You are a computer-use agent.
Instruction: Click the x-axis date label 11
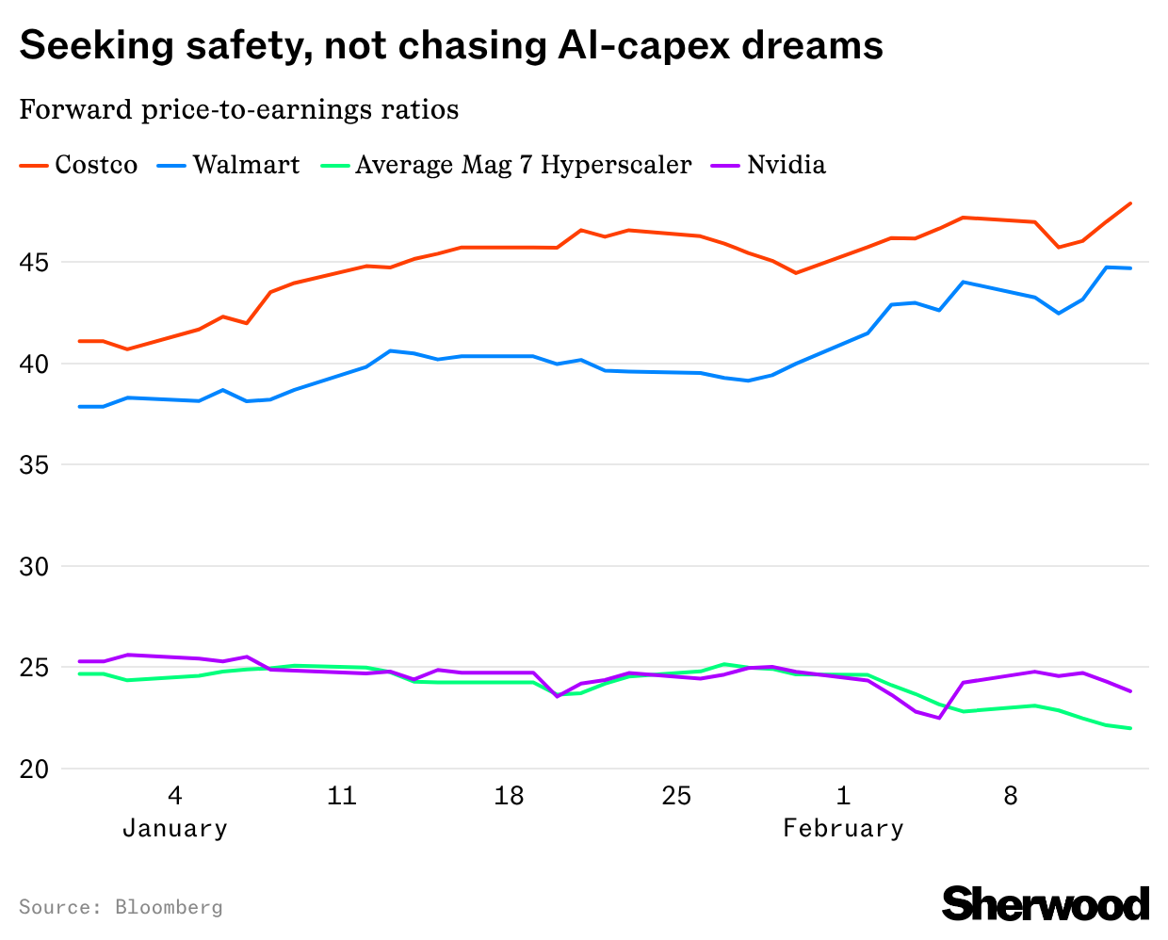(342, 797)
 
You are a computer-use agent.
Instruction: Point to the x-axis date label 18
(509, 797)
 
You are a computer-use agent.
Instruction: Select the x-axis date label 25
(676, 797)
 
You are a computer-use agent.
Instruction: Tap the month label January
(175, 829)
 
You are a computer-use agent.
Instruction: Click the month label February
(843, 829)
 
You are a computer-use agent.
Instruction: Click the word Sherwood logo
(1046, 904)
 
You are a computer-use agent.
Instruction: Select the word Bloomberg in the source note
(169, 907)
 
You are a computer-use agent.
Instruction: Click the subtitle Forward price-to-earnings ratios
(239, 110)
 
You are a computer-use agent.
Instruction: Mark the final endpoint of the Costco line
(1130, 203)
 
